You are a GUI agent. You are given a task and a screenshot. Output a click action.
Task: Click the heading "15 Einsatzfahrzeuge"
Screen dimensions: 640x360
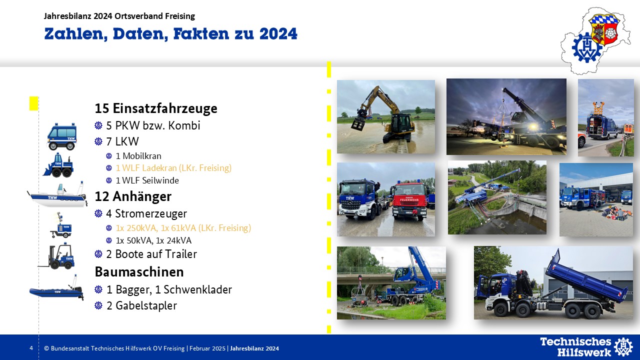pyautogui.click(x=156, y=108)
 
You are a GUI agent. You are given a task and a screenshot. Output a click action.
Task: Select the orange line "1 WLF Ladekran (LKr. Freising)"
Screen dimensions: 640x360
pyautogui.click(x=173, y=167)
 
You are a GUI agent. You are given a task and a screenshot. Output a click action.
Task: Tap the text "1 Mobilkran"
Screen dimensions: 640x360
pyautogui.click(x=138, y=156)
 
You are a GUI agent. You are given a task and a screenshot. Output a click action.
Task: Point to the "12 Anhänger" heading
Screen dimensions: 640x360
pyautogui.click(x=133, y=196)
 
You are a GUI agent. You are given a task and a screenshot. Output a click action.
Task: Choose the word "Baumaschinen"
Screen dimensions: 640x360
pyautogui.click(x=139, y=271)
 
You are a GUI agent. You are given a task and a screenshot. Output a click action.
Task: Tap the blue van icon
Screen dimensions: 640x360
pyautogui.click(x=62, y=136)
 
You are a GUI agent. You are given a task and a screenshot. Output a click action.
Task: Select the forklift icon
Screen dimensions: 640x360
pyautogui.click(x=56, y=256)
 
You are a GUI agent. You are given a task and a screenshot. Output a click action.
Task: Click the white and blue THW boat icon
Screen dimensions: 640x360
pyautogui.click(x=57, y=194)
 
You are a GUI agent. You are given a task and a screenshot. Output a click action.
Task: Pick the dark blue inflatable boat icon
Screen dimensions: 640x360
pyautogui.click(x=56, y=289)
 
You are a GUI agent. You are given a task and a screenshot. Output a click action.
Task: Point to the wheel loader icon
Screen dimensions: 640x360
pyautogui.click(x=58, y=165)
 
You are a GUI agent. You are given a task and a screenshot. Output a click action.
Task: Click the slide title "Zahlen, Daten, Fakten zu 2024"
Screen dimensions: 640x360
pyautogui.click(x=171, y=34)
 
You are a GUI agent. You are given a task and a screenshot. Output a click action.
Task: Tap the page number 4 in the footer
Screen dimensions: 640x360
pyautogui.click(x=31, y=348)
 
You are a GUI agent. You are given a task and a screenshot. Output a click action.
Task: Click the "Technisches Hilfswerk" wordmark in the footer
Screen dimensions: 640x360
pyautogui.click(x=575, y=347)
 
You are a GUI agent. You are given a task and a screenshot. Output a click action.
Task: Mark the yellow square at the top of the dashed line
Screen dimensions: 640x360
pyautogui.click(x=33, y=103)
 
